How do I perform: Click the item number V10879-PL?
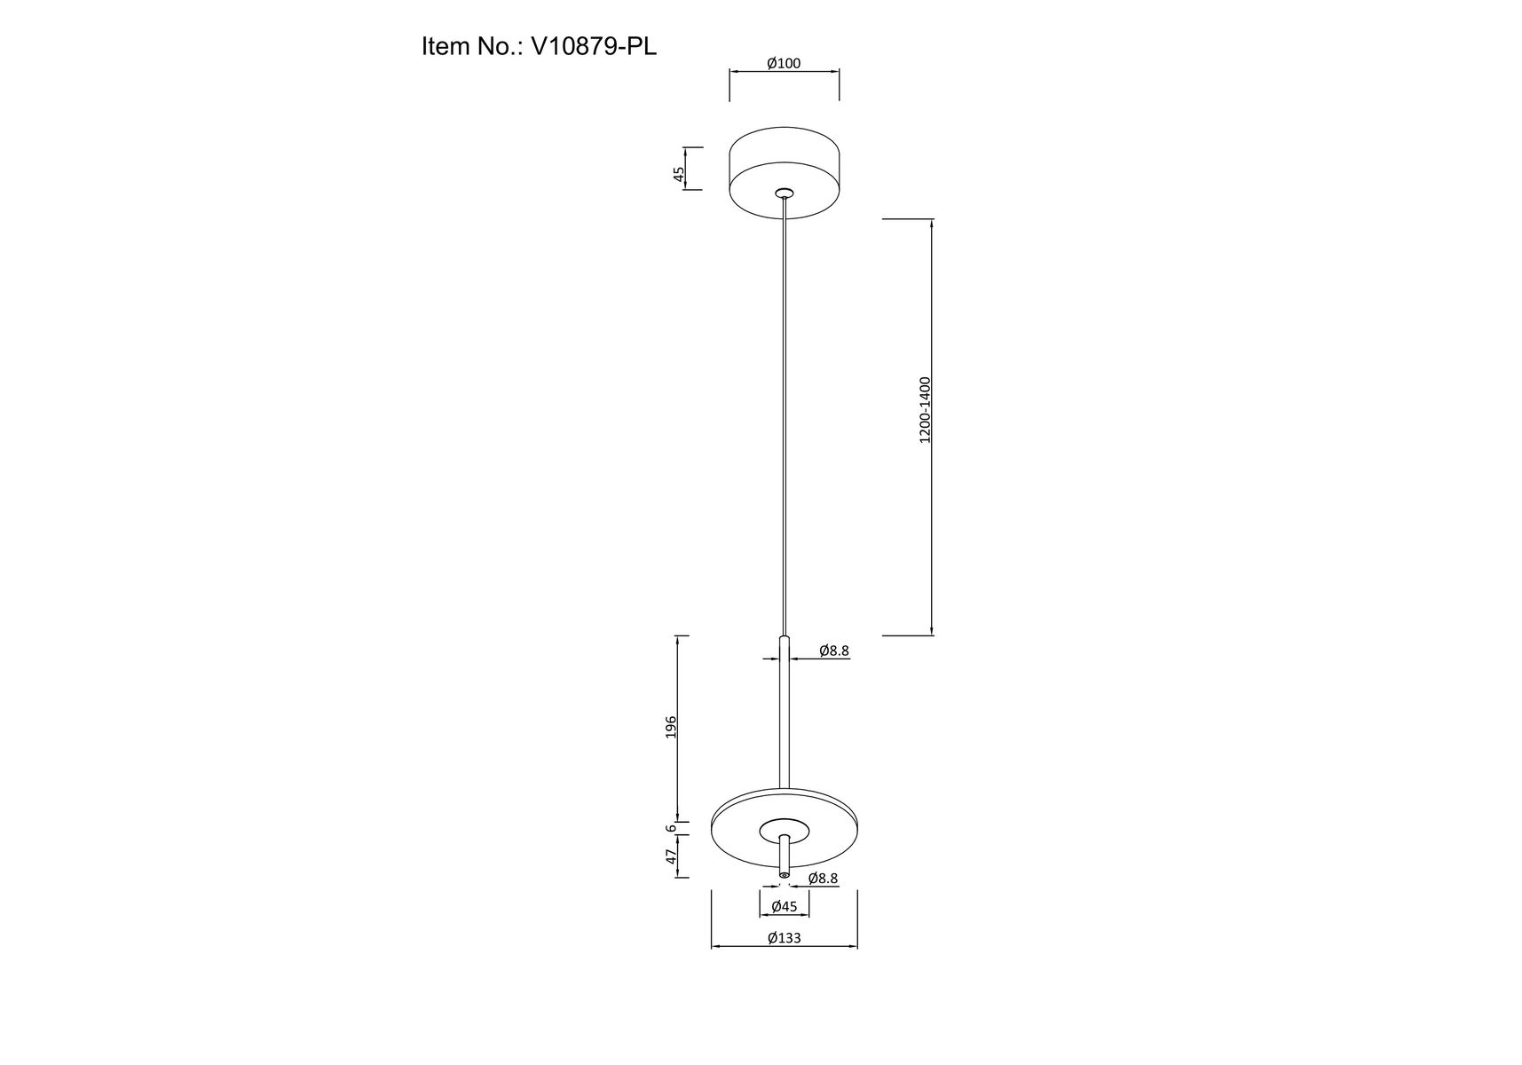(x=593, y=46)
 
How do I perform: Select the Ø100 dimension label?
(x=784, y=63)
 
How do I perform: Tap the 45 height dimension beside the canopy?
(x=679, y=173)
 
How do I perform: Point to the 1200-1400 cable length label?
(x=925, y=410)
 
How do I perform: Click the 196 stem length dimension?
(x=671, y=727)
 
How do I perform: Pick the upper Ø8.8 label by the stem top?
(x=833, y=651)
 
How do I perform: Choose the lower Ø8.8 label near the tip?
(x=823, y=879)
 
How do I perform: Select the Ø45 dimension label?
(x=785, y=906)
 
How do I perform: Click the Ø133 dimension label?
(x=784, y=937)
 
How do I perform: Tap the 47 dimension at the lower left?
(x=672, y=856)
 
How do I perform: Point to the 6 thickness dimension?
(x=672, y=827)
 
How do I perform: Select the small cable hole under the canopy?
(x=784, y=192)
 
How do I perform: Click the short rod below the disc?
(x=784, y=853)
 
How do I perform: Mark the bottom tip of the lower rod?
(x=784, y=876)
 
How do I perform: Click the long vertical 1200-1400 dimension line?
(x=931, y=532)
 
